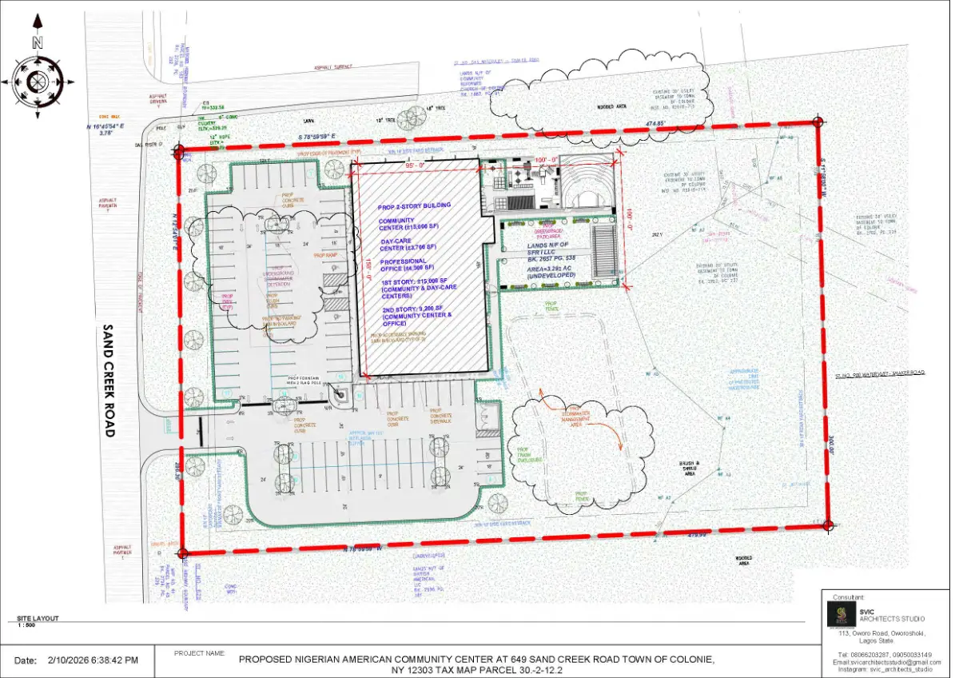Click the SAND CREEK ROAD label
coord(109,381)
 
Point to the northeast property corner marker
coord(817,122)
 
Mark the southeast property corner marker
coord(829,525)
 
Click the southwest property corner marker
coord(183,552)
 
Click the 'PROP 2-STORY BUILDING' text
coord(415,205)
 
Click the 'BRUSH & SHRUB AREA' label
coord(691,467)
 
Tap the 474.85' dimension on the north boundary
coord(656,124)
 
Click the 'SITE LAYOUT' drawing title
coord(38,619)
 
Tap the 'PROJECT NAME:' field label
coord(199,653)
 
